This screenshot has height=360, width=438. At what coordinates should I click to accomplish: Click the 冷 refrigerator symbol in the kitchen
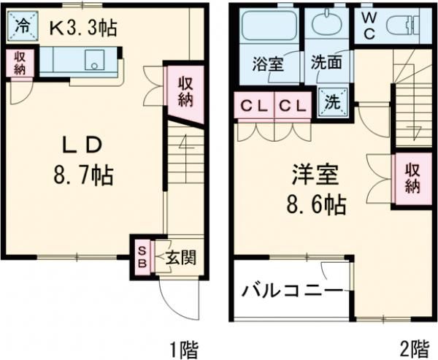[23, 27]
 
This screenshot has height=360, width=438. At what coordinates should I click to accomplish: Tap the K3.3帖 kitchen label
[82, 28]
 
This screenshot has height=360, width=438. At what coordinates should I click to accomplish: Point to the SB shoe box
[142, 256]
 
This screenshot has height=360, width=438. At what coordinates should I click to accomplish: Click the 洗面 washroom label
[326, 64]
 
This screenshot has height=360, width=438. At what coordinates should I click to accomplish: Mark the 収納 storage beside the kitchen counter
[21, 63]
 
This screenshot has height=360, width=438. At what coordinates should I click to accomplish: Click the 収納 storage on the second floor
[412, 177]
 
